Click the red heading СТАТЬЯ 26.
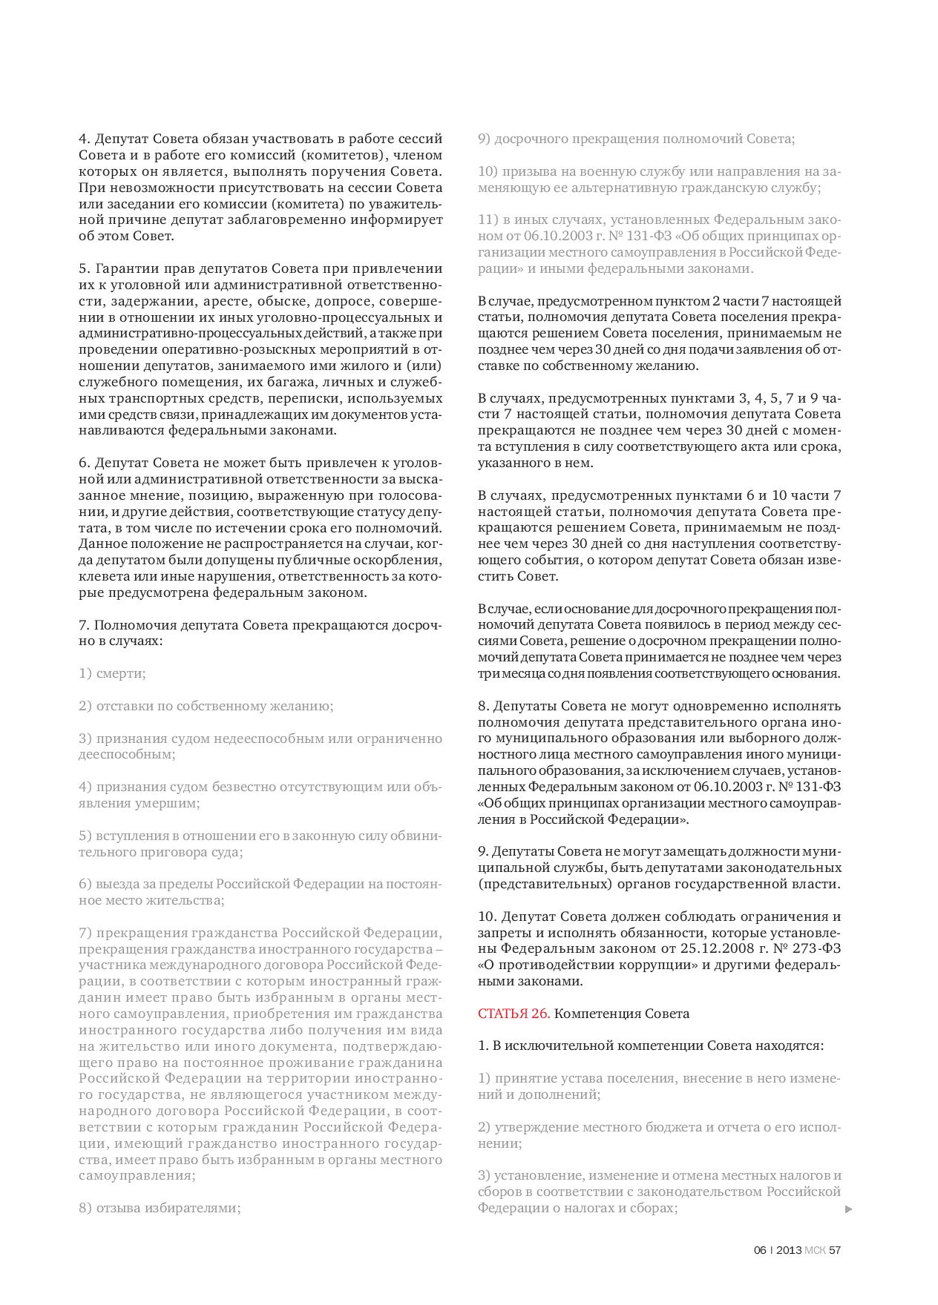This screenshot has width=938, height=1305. tap(514, 1014)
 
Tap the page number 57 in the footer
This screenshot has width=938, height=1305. tap(835, 1250)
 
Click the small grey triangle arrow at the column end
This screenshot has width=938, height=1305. tap(849, 1209)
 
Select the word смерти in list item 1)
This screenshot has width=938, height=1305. tap(121, 673)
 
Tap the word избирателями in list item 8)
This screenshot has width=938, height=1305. tap(200, 1208)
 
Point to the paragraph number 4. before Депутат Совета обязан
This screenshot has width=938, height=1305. tap(84, 139)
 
